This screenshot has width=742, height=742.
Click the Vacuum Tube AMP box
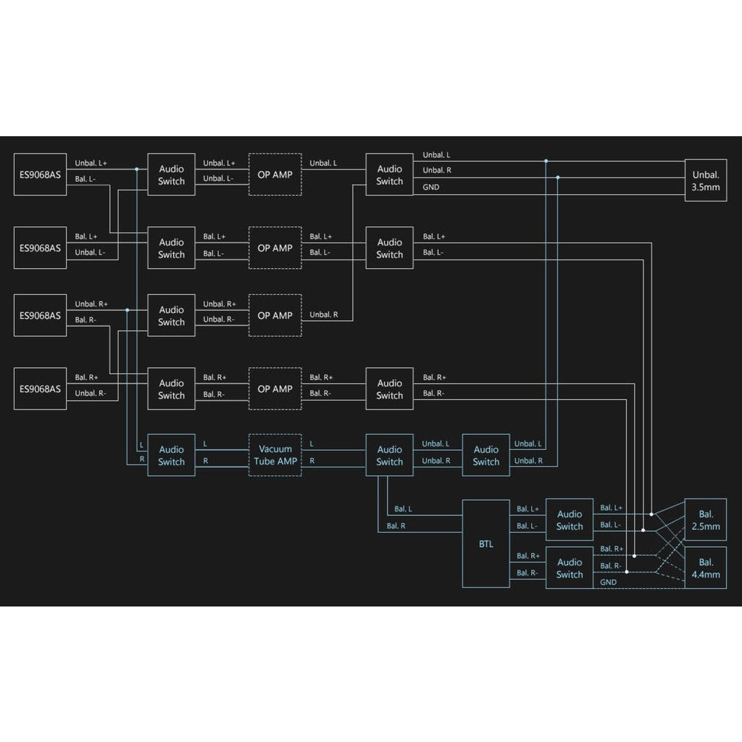pyautogui.click(x=275, y=455)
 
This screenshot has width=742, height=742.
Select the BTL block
pyautogui.click(x=486, y=543)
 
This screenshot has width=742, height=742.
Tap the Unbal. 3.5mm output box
pyautogui.click(x=706, y=180)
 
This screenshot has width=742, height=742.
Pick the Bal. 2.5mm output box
pyautogui.click(x=706, y=520)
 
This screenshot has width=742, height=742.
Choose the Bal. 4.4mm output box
pyautogui.click(x=706, y=568)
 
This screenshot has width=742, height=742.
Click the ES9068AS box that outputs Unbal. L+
pyautogui.click(x=41, y=174)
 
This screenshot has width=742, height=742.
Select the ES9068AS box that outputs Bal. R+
pyautogui.click(x=41, y=388)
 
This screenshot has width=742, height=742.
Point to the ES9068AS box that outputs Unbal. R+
pyautogui.click(x=41, y=315)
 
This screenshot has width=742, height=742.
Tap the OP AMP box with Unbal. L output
pyautogui.click(x=275, y=174)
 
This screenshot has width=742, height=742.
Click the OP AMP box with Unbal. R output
pyautogui.click(x=275, y=315)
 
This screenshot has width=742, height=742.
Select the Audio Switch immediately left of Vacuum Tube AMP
pyautogui.click(x=171, y=455)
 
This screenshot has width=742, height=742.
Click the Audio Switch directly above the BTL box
pyautogui.click(x=486, y=455)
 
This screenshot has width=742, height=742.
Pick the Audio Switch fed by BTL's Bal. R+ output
pyautogui.click(x=570, y=568)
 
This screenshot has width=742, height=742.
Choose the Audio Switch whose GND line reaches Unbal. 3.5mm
pyautogui.click(x=389, y=174)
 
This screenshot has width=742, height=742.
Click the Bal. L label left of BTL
pyautogui.click(x=403, y=509)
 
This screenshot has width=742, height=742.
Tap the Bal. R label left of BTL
pyautogui.click(x=396, y=526)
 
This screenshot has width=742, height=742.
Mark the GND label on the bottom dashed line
pyautogui.click(x=608, y=582)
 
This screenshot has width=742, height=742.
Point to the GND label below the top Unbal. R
pyautogui.click(x=430, y=187)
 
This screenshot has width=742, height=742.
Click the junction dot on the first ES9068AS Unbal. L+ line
pyautogui.click(x=137, y=169)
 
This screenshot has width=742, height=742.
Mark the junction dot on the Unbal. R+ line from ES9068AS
pyautogui.click(x=128, y=310)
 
